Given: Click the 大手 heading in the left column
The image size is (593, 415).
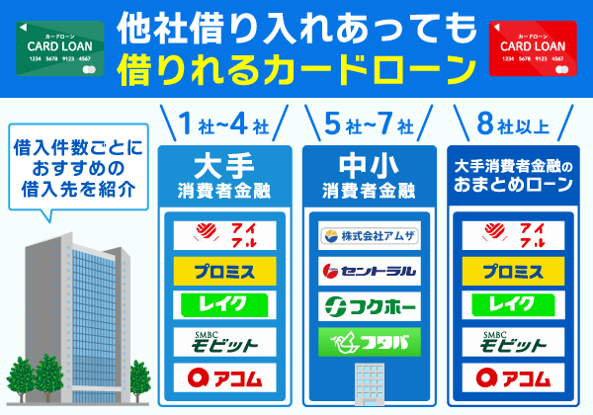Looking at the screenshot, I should pyautogui.click(x=223, y=162).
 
